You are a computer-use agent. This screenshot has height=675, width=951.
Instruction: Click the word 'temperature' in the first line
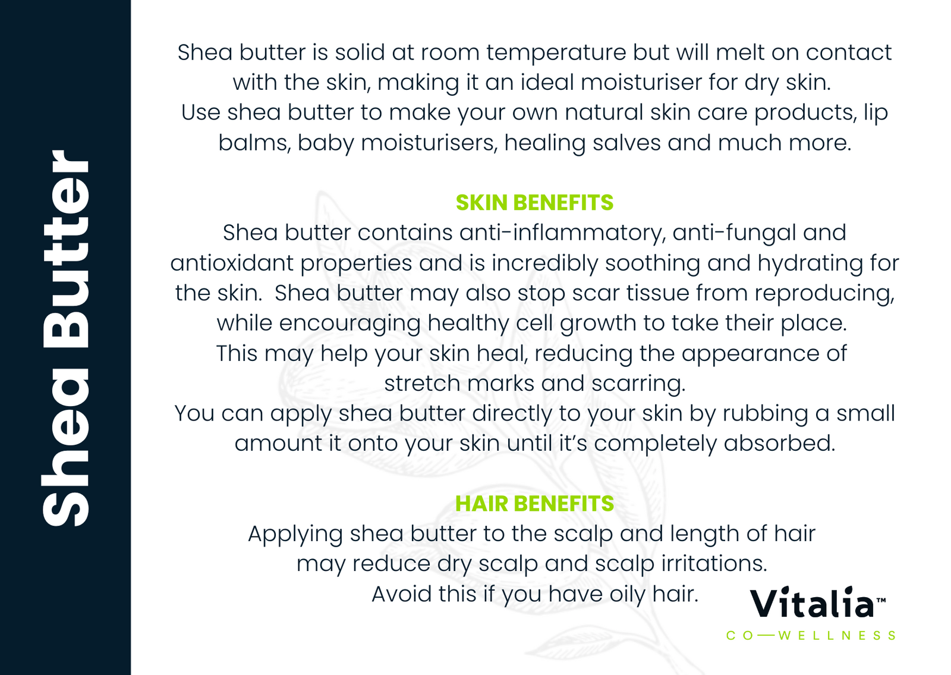coord(556,54)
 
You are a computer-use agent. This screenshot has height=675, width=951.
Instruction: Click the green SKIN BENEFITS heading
coord(534,203)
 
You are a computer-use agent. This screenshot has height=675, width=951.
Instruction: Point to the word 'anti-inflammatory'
coord(562,233)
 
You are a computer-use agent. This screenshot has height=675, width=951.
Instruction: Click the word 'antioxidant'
coord(232,263)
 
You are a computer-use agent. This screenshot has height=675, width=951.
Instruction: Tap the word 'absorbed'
coord(779,444)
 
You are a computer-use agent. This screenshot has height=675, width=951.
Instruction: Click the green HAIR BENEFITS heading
coord(534,504)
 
